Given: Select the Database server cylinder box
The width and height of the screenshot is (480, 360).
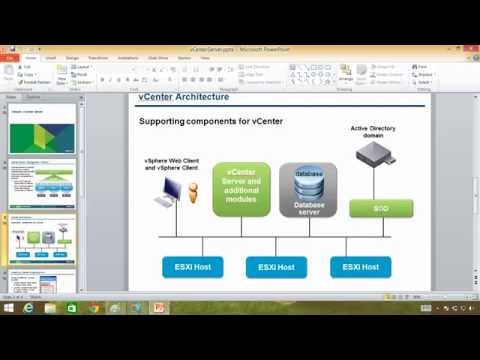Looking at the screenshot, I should pyautogui.click(x=307, y=189).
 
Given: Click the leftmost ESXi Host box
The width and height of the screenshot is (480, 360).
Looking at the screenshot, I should pyautogui.click(x=190, y=267).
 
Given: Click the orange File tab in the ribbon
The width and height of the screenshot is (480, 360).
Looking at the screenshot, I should pyautogui.click(x=11, y=58).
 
